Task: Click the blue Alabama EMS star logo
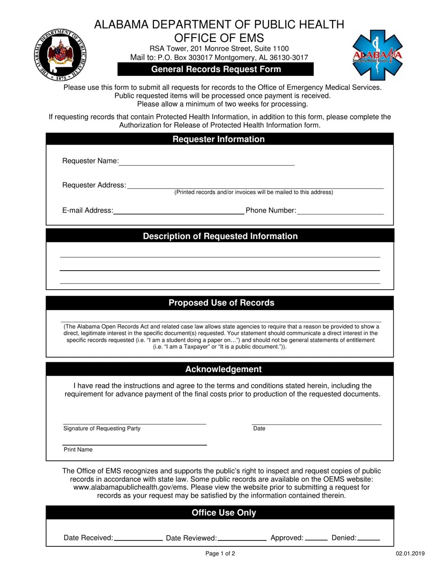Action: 377,55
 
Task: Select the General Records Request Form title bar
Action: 216,69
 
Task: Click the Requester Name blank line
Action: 207,163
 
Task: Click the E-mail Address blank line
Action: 179,212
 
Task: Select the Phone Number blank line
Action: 340,212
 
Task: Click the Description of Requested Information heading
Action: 220,236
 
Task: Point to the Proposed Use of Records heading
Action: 221,303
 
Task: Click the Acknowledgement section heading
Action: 223,369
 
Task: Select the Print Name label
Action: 78,450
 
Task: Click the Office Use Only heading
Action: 224,512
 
